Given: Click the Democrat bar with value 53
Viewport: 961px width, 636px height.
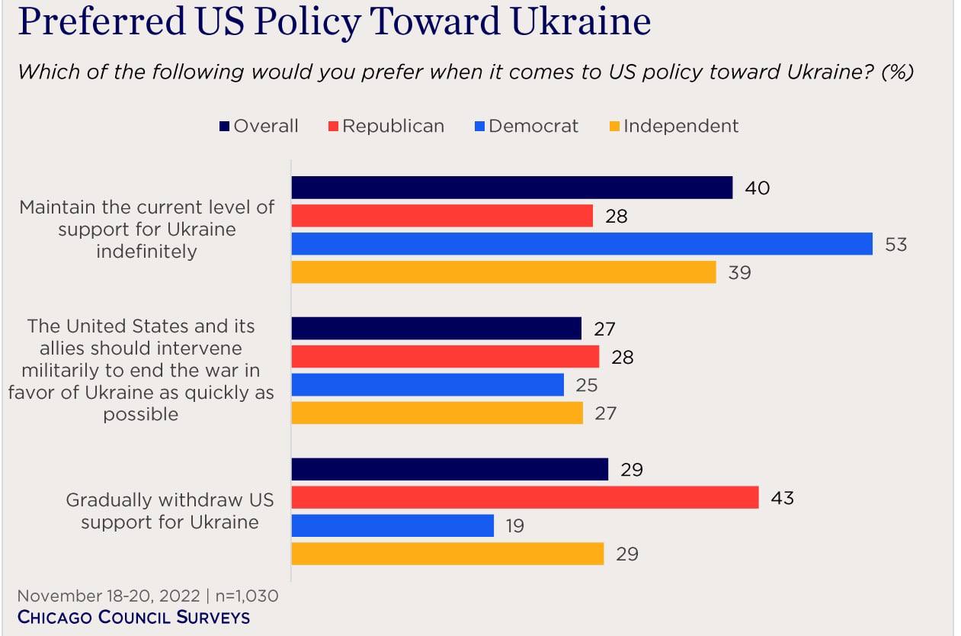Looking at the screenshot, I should click(581, 244).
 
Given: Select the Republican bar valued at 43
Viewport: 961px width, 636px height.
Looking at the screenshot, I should click(525, 498).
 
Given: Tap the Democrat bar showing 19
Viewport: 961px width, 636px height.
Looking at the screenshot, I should click(392, 525).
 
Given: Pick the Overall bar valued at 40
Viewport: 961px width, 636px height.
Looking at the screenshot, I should click(511, 188).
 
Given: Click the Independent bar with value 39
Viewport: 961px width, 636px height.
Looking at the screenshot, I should click(504, 272).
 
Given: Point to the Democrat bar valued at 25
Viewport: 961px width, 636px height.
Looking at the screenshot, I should click(428, 385).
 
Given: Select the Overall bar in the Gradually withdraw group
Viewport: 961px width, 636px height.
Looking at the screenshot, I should click(450, 470).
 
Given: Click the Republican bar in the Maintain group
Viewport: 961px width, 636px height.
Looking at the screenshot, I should click(442, 216).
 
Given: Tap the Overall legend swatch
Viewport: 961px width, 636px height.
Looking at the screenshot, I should click(225, 127).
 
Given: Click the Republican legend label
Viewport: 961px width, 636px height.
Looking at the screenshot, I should click(393, 126).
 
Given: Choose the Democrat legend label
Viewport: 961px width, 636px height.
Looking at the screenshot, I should click(533, 126).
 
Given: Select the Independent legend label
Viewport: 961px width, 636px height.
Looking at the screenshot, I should click(681, 126).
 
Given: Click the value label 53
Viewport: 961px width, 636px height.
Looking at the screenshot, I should click(895, 245).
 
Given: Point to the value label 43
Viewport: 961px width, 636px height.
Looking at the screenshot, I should click(782, 498).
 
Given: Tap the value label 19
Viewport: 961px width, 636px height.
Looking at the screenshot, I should click(514, 526).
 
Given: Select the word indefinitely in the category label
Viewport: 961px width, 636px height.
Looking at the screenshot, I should click(146, 252).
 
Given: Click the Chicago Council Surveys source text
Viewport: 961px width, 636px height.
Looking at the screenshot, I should click(133, 617).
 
